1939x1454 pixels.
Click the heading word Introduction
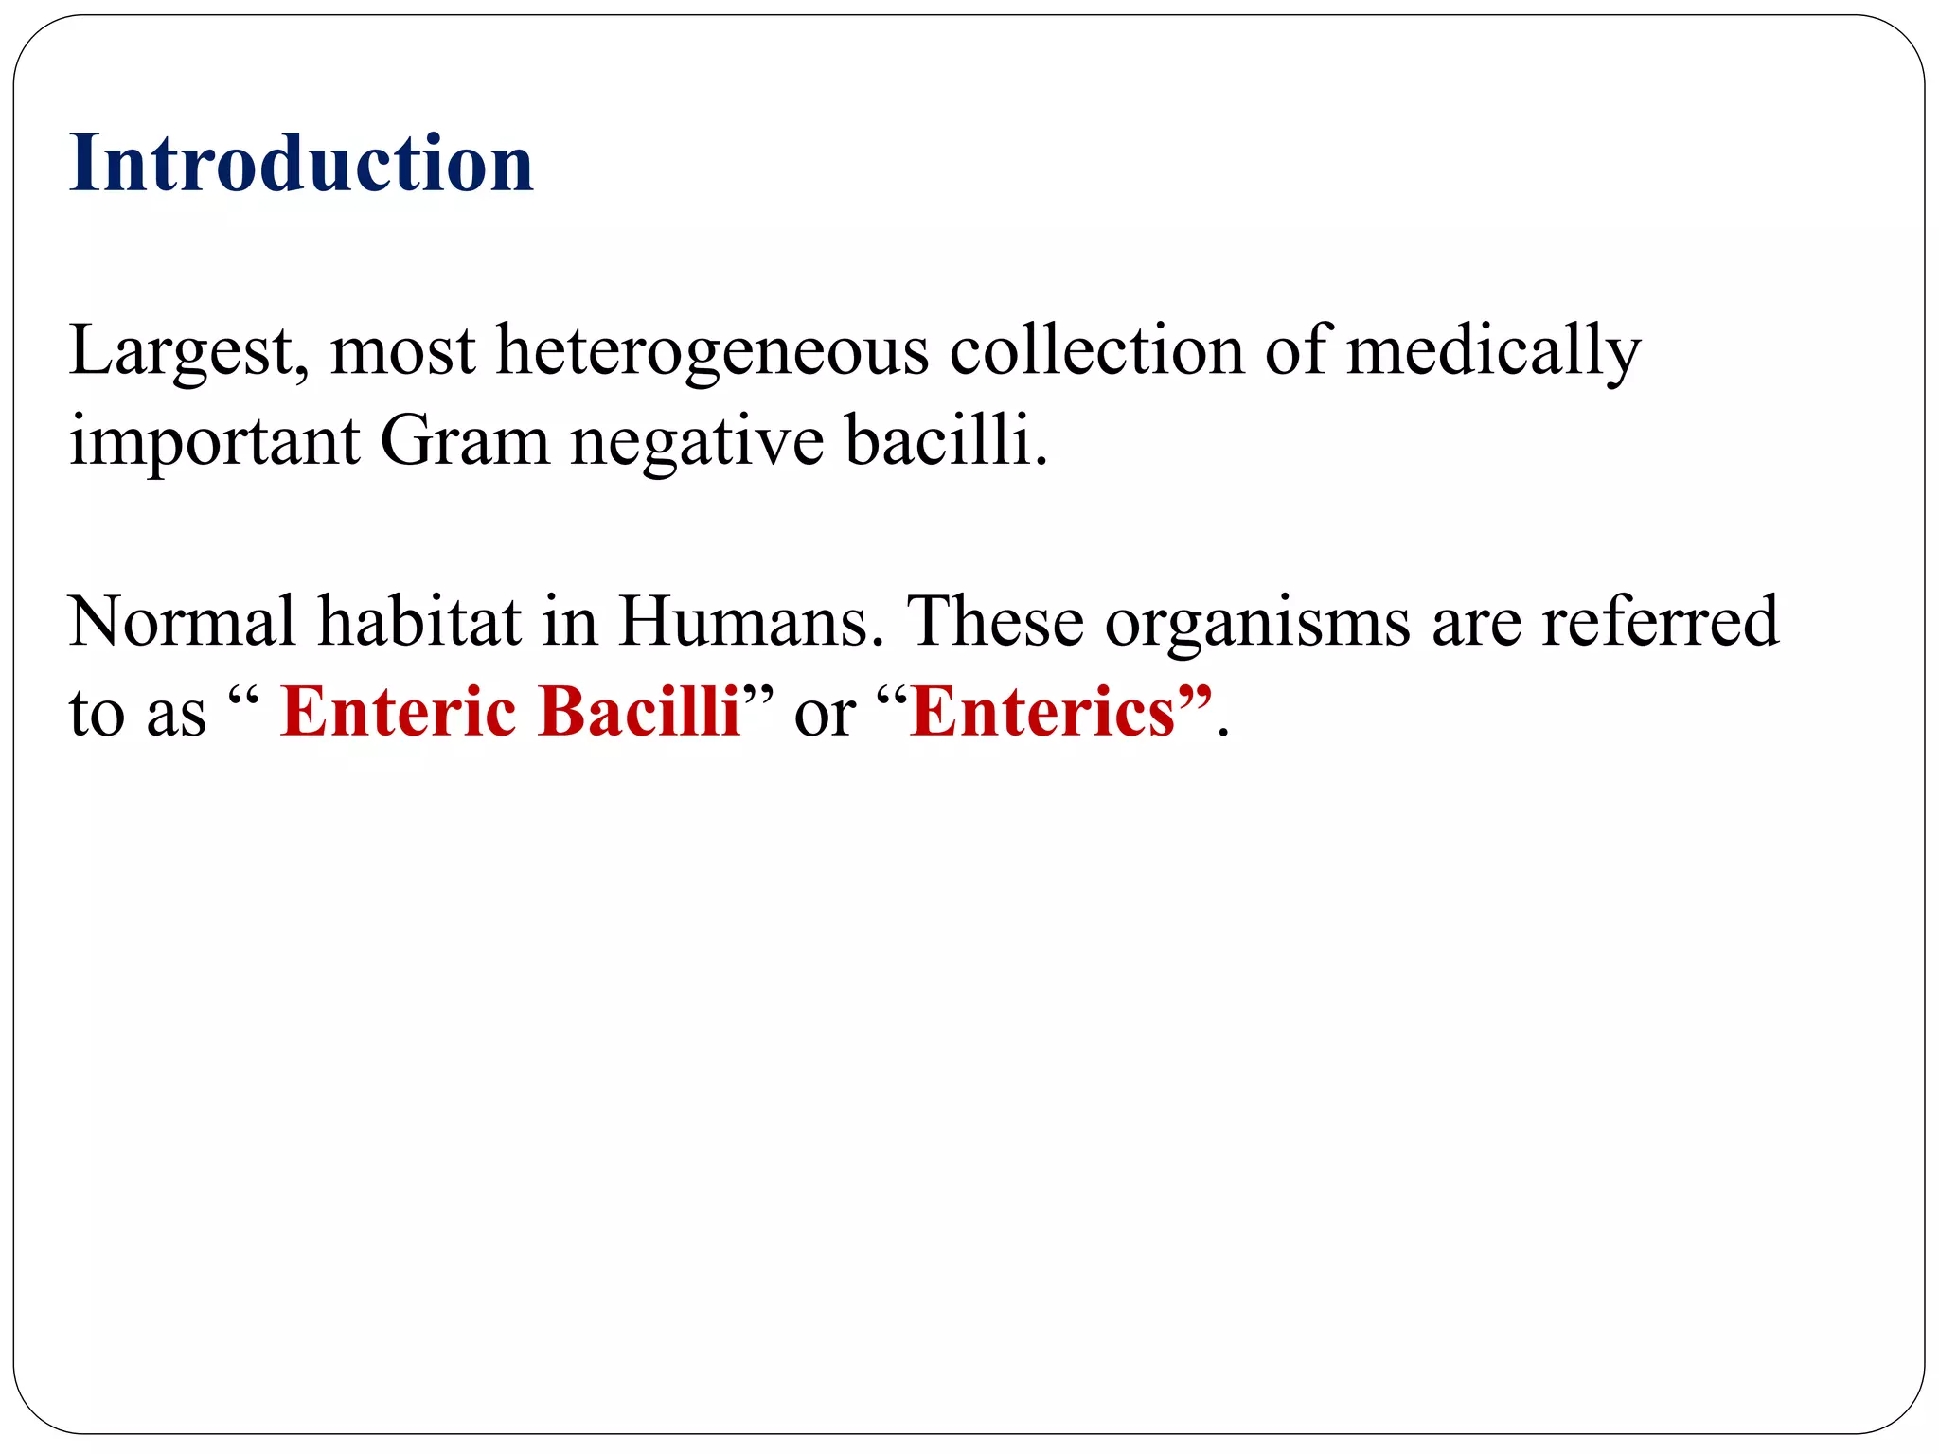click(x=301, y=163)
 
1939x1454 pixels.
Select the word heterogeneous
click(x=712, y=352)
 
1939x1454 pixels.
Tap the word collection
click(x=1096, y=350)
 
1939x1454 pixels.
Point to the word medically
click(x=1493, y=352)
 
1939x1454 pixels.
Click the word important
click(x=215, y=442)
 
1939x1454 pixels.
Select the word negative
click(x=697, y=442)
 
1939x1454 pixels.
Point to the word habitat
click(x=418, y=622)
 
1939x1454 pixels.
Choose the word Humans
click(x=743, y=622)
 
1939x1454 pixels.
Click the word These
click(x=995, y=622)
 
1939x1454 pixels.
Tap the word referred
click(x=1660, y=622)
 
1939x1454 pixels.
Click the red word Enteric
click(x=399, y=711)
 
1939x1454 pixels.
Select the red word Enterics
click(x=1041, y=711)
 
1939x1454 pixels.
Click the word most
click(x=402, y=352)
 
